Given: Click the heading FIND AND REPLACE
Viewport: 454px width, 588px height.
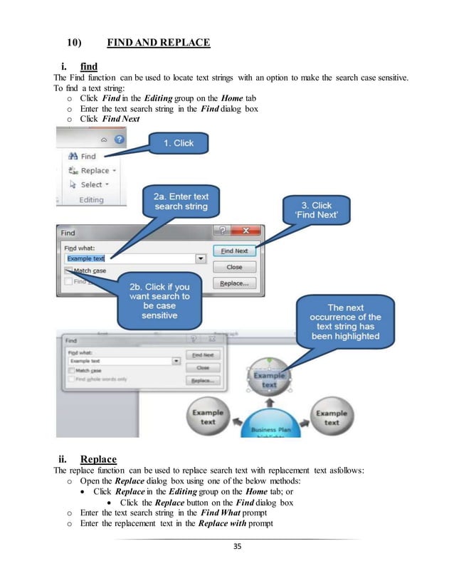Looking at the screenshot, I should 158,43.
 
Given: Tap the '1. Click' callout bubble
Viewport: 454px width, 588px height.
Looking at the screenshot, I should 179,143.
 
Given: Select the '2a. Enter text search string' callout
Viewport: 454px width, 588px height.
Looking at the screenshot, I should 181,201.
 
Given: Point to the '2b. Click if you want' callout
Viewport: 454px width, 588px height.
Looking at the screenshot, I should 159,300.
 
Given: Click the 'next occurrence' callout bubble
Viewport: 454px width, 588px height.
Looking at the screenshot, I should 345,322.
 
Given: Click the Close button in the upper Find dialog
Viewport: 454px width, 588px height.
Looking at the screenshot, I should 234,267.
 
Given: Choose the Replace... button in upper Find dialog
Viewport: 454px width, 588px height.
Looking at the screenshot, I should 234,283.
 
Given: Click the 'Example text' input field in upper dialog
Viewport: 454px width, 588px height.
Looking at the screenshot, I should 128,258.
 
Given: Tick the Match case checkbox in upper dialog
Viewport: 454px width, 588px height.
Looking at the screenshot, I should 69,271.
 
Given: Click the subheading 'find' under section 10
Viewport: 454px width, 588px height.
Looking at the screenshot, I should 88,66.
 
